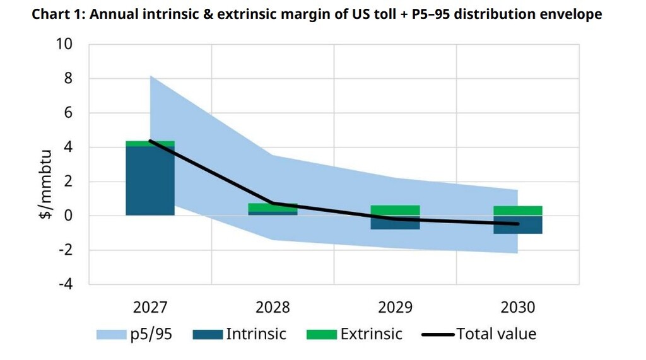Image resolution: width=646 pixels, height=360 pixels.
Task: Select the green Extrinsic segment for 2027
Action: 150,144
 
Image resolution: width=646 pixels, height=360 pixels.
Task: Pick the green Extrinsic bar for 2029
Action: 396,210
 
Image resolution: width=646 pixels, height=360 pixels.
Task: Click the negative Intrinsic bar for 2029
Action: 396,223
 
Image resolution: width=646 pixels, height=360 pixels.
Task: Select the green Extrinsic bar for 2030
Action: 518,211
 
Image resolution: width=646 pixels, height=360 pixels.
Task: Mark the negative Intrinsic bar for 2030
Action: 518,225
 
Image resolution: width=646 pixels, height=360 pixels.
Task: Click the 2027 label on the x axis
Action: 150,307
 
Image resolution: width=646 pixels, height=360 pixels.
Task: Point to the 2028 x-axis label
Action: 273,307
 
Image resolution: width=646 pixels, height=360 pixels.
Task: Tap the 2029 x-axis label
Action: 396,307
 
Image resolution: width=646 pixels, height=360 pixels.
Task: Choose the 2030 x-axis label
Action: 518,307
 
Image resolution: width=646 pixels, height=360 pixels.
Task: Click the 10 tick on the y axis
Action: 65,44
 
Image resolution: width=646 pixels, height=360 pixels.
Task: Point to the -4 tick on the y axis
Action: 65,284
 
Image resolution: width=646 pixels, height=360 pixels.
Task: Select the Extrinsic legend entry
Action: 354,334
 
